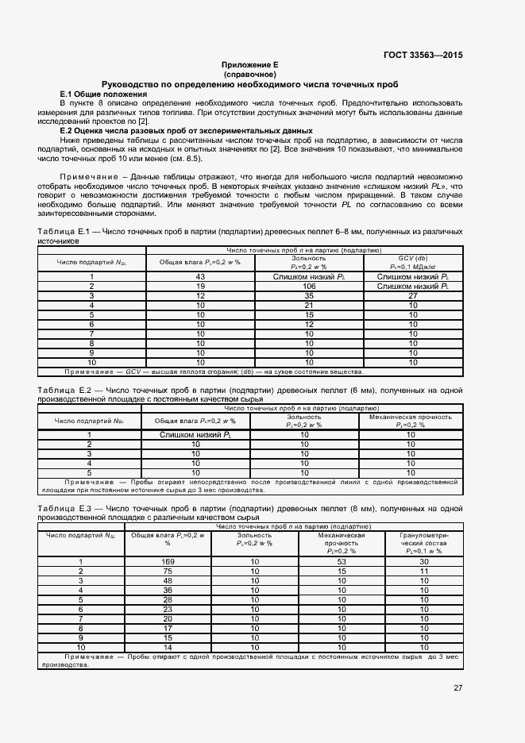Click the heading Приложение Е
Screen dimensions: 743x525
click(x=249, y=64)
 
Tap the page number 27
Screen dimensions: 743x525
click(x=458, y=688)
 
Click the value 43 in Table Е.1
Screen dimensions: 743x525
click(x=201, y=276)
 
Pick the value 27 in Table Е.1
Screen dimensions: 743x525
click(x=411, y=295)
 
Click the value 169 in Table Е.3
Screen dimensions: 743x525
click(x=168, y=562)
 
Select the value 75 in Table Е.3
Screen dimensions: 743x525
click(x=168, y=572)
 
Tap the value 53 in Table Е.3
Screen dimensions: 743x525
click(x=343, y=562)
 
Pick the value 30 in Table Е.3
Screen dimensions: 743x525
click(x=424, y=562)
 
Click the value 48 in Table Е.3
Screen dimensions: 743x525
click(x=168, y=581)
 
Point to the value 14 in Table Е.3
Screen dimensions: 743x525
click(x=168, y=648)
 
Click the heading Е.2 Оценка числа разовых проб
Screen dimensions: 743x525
click(x=187, y=130)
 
